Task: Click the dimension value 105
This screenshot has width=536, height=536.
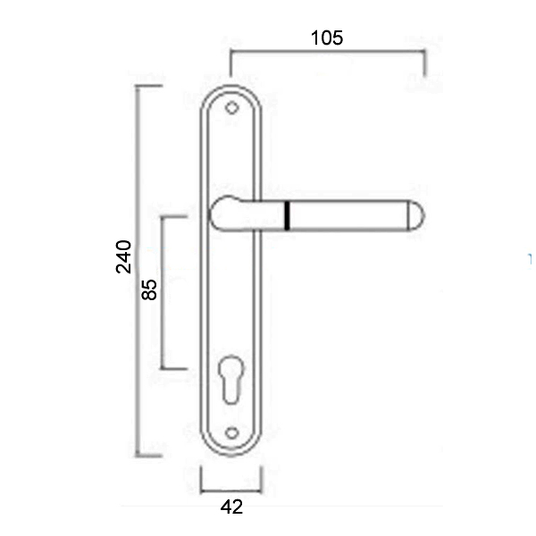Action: click(x=326, y=38)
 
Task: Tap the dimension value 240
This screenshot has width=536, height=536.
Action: click(x=124, y=256)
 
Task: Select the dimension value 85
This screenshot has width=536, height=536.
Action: click(x=149, y=289)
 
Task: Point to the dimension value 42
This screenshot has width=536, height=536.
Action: click(x=231, y=507)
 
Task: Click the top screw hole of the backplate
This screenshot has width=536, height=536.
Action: click(x=231, y=108)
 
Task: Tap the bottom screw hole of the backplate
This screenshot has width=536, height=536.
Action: click(x=231, y=433)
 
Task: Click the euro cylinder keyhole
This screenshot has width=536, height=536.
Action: click(x=231, y=379)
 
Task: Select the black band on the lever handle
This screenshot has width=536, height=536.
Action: click(x=287, y=215)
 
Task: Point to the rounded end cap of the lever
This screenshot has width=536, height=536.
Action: click(x=416, y=215)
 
